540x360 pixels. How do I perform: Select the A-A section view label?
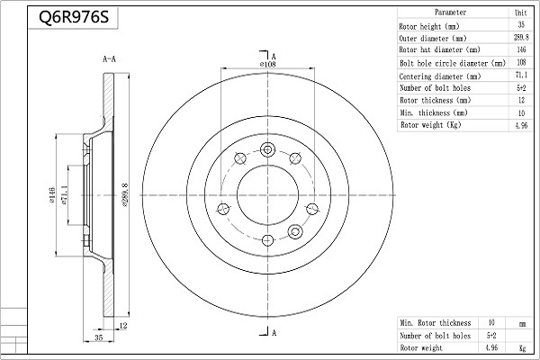110,59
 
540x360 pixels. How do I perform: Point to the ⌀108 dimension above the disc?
267,65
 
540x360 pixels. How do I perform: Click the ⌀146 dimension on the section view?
56,196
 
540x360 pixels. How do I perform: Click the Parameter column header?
450,13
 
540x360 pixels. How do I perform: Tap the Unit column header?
520,13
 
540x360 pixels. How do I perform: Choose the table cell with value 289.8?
520,39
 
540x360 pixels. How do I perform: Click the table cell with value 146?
520,51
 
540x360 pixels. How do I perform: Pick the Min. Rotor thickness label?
436,322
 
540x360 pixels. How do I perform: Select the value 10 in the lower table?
491,322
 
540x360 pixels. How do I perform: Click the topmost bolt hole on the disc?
267,149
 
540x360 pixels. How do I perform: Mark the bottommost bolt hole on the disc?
267,239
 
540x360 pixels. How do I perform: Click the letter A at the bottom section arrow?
273,334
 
